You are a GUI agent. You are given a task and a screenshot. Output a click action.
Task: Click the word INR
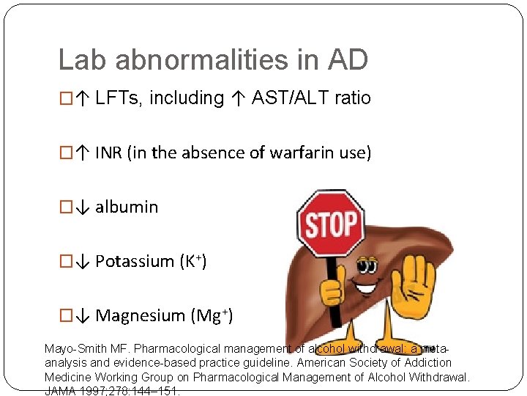point(109,153)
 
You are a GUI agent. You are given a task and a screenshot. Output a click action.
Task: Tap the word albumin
point(127,207)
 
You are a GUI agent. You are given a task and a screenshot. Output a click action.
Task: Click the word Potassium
point(136,261)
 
